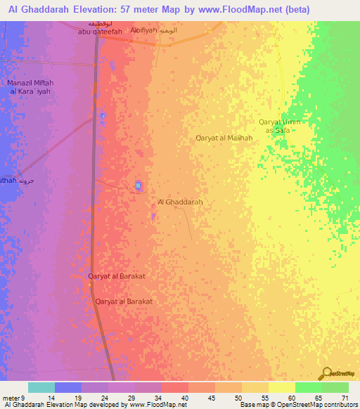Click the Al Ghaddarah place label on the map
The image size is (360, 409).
point(181,202)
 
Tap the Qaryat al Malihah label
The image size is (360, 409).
point(224,138)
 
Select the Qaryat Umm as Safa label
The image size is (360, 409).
point(279,126)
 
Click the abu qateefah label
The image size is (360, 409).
point(100,32)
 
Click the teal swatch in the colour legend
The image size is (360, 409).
point(41,387)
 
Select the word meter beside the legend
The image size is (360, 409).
point(11,398)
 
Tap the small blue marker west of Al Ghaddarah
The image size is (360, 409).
point(138,186)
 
